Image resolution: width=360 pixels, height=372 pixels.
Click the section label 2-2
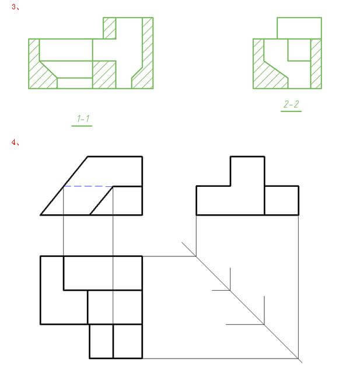291,104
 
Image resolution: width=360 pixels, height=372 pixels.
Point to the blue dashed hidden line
88,186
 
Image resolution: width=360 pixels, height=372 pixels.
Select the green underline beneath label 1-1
82,126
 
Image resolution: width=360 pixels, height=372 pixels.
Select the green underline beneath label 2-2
291,111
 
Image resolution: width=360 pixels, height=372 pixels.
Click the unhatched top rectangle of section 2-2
299,28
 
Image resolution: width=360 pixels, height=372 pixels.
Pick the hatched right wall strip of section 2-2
316,64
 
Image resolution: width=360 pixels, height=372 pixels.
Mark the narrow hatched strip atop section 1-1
110,27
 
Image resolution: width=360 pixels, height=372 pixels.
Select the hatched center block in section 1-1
104,74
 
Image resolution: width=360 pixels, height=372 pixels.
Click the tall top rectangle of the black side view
247,171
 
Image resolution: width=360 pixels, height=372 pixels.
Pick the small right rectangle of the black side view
281,200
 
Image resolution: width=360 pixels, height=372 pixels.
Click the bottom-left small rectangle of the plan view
101,341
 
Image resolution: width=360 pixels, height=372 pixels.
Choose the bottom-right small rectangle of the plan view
127,341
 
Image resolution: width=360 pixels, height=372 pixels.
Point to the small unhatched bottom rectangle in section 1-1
75,83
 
